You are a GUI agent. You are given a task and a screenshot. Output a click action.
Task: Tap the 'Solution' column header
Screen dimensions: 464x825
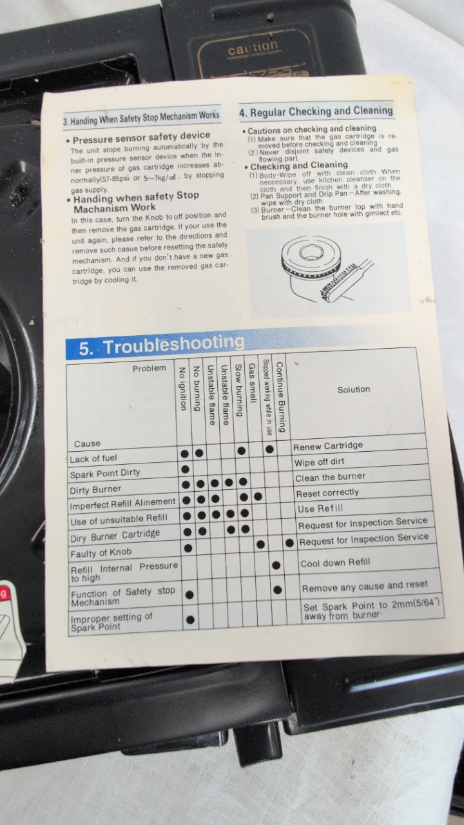coord(354,389)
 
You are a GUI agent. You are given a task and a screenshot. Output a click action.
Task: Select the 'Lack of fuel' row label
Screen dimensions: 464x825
coord(93,458)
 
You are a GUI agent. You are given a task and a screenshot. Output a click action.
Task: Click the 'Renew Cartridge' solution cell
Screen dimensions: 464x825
coord(328,446)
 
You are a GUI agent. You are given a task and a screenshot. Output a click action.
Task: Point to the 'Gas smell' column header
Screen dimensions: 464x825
coord(252,383)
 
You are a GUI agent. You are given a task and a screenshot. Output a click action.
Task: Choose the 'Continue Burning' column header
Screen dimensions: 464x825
coord(280,396)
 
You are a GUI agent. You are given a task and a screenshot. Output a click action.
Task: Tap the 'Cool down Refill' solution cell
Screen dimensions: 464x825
coord(335,563)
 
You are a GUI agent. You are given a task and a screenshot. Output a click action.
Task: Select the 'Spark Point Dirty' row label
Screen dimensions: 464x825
coord(105,474)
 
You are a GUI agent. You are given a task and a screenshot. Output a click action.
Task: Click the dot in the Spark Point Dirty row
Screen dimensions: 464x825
coord(185,469)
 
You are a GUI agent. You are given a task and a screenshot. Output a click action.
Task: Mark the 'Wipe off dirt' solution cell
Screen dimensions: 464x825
coord(319,462)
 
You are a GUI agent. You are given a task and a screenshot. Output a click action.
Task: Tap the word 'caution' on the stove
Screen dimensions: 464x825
coord(253,47)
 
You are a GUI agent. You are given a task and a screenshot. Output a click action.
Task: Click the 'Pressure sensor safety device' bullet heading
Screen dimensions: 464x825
coord(141,137)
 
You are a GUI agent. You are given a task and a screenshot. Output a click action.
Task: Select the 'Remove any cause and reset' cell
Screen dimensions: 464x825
coord(365,586)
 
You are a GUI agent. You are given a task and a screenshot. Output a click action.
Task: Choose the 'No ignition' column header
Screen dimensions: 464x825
coord(182,388)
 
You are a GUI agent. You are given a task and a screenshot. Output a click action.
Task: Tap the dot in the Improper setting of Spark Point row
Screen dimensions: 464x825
coord(190,620)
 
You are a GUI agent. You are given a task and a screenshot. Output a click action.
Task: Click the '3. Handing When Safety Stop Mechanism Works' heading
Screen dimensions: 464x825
coord(141,117)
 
